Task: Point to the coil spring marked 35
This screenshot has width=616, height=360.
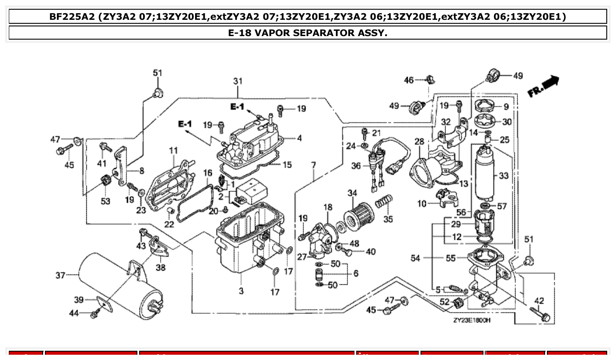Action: click(x=383, y=204)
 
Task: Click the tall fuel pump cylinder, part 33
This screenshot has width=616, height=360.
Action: click(x=484, y=174)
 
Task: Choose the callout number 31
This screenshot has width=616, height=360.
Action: click(x=238, y=81)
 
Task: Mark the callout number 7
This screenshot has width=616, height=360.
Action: click(x=313, y=165)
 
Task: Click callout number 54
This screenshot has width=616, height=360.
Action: click(x=415, y=258)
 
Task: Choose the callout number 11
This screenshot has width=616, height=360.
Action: click(x=173, y=151)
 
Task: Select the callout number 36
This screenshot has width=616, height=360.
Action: click(x=356, y=166)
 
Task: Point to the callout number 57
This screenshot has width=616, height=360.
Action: click(x=502, y=206)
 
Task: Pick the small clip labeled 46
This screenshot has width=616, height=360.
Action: click(x=429, y=80)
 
